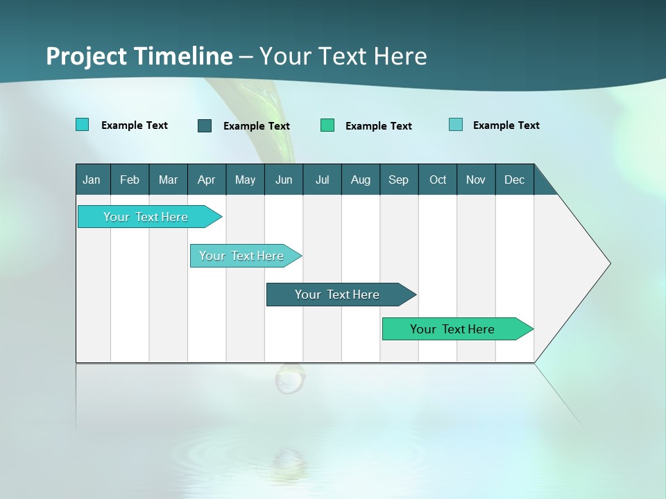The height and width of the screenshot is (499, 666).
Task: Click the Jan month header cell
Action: tap(92, 180)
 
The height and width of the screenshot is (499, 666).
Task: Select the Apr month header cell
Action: tap(207, 180)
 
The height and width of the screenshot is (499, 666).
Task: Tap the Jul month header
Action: tap(322, 180)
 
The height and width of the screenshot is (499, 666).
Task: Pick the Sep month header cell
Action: tap(399, 180)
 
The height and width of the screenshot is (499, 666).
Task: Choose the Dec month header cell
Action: tap(514, 180)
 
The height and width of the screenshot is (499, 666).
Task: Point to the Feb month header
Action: tap(130, 180)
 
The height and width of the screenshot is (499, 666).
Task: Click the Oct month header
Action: tap(438, 180)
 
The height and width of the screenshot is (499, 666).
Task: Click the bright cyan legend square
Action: tap(82, 125)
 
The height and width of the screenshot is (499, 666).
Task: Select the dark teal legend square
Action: tap(205, 125)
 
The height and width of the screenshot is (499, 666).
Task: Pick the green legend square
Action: tap(327, 125)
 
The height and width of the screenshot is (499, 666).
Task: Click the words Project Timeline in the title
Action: tap(139, 56)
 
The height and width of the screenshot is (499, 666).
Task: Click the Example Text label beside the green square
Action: tap(378, 126)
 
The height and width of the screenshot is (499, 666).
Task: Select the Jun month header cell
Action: tap(284, 180)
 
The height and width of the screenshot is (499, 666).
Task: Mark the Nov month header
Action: tap(476, 180)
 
